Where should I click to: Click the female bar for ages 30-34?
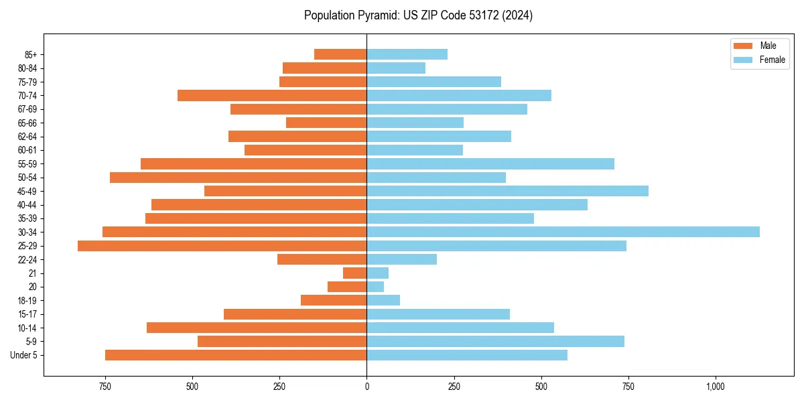point(563,232)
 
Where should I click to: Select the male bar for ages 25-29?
point(222,246)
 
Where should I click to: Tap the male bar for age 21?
point(354,273)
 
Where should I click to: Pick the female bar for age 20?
point(375,287)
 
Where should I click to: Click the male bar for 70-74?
point(272,96)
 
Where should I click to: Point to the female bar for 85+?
point(407,54)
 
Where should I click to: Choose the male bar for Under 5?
point(236,355)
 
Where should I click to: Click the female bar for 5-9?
point(495,342)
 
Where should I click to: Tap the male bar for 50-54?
point(238,178)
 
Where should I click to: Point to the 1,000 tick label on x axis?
point(716,387)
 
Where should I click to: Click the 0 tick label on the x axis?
point(366,387)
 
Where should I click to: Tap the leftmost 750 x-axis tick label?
point(105,387)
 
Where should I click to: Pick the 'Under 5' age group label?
point(24,355)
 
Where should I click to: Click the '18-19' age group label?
point(28,301)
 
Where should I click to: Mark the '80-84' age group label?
point(28,68)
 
